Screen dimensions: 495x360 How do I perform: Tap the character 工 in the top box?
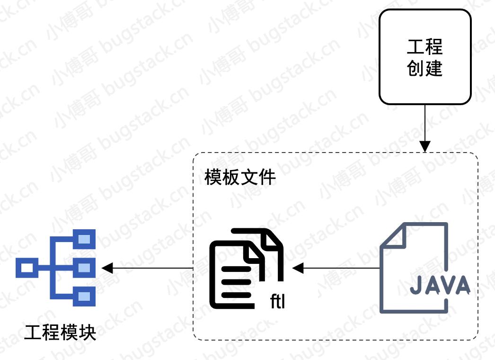point(415,46)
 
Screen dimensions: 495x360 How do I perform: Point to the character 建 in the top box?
point(434,68)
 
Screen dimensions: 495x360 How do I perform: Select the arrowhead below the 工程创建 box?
point(425,146)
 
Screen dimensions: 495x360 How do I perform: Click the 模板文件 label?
point(240,177)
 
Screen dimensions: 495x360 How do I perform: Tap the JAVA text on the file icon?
point(440,285)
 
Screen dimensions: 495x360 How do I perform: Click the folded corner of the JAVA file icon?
point(393,235)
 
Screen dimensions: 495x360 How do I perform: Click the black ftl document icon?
point(246,268)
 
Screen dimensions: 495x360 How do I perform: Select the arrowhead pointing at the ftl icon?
point(298,268)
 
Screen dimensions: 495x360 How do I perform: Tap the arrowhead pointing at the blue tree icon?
point(107,268)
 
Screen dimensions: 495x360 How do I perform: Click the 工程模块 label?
point(60,333)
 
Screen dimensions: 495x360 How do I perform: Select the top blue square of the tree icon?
point(84,239)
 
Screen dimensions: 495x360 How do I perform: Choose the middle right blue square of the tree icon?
point(84,268)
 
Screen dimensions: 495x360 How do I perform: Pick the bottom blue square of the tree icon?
point(84,297)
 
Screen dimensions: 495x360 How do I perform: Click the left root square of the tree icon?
point(27,268)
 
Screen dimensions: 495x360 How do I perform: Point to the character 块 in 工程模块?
point(88,333)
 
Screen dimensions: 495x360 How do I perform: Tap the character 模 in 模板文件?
point(213,177)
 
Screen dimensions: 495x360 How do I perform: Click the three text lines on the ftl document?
point(237,282)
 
